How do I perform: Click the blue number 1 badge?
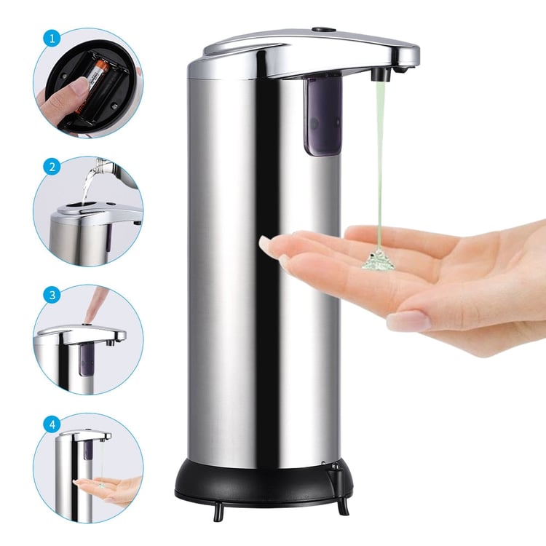pyautogui.click(x=52, y=39)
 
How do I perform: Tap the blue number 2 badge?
pyautogui.click(x=52, y=167)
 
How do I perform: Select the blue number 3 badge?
pyautogui.click(x=52, y=296)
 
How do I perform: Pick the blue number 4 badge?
pyautogui.click(x=52, y=424)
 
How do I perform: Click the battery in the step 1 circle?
pyautogui.click(x=91, y=87)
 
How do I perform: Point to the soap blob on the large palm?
pyautogui.click(x=377, y=259)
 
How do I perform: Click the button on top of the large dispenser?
pyautogui.click(x=323, y=30)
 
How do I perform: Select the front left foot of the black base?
pyautogui.click(x=218, y=513)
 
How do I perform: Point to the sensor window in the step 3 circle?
pyautogui.click(x=86, y=360)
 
